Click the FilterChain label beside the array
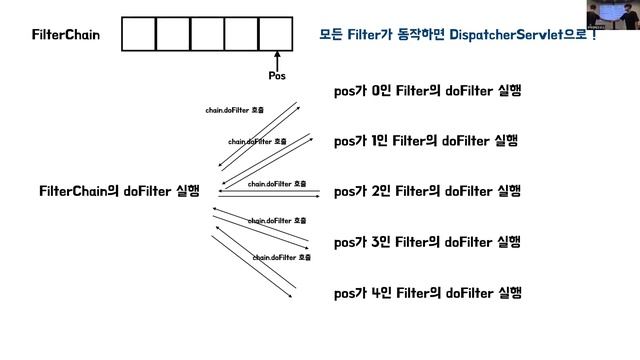click(x=66, y=35)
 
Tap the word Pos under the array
click(x=278, y=75)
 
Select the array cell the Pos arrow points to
click(x=276, y=34)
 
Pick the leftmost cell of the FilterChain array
click(x=139, y=34)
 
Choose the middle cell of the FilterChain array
click(x=207, y=34)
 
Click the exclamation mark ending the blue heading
click(x=594, y=34)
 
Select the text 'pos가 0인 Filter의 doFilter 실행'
click(x=428, y=92)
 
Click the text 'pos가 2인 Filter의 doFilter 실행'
click(x=427, y=191)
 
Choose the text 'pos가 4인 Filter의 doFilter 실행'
click(x=427, y=293)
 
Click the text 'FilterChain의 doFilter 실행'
click(x=119, y=191)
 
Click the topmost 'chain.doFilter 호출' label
click(x=235, y=110)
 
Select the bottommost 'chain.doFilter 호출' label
click(x=281, y=257)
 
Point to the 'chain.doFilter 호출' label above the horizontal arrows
click(x=276, y=184)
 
